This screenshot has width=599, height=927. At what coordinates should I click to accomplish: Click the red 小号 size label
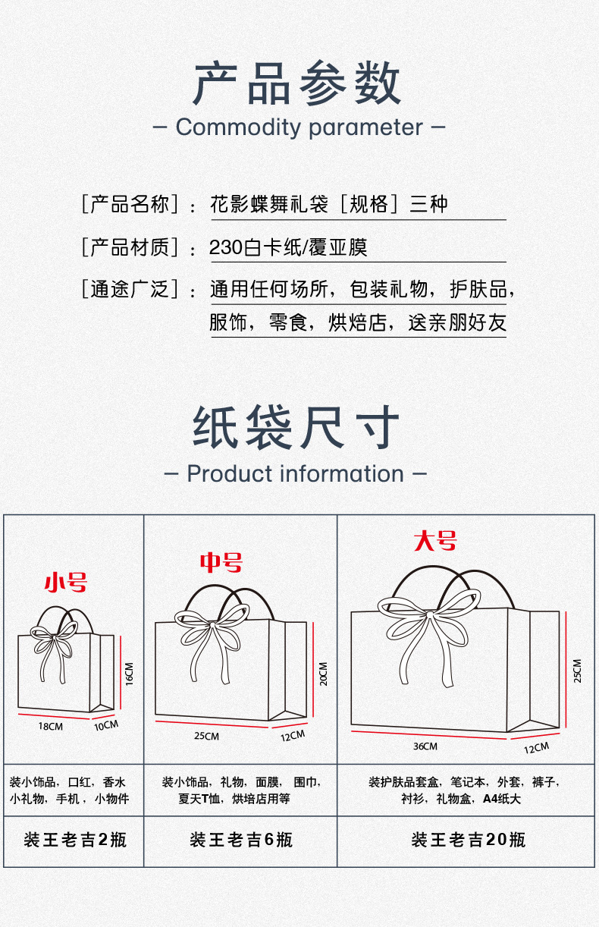66,583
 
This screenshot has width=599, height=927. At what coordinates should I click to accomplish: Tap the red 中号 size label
221,562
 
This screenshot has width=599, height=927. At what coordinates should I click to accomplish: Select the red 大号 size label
435,540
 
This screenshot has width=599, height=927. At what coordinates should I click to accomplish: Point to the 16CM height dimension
129,674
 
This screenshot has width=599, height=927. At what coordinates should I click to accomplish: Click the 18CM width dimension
51,726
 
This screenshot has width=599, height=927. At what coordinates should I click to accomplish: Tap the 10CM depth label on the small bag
106,725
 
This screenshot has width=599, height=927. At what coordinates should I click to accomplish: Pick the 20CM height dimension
323,674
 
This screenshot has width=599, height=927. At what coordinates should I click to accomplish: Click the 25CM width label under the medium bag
206,736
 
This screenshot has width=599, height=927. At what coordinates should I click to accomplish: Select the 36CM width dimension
425,746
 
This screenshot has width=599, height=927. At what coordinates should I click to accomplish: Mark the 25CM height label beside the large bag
577,671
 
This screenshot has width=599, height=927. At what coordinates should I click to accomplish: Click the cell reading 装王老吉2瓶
74,840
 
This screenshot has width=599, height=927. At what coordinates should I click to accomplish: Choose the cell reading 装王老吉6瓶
240,840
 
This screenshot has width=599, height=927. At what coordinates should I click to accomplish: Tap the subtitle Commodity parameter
299,127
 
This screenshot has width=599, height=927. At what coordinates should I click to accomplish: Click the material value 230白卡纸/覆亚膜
288,247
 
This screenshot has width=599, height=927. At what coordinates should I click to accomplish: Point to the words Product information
296,473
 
